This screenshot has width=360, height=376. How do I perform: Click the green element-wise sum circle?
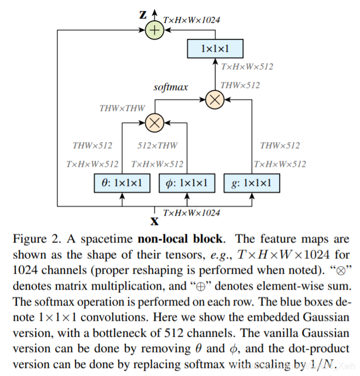(x=155, y=30)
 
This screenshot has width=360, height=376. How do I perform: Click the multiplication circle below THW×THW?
(x=155, y=123)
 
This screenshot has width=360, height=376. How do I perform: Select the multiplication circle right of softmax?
(x=214, y=99)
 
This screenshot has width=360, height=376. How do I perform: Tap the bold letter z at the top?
(x=143, y=15)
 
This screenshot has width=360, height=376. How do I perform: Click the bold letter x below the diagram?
(x=155, y=221)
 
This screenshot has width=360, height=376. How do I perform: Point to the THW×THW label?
(x=122, y=108)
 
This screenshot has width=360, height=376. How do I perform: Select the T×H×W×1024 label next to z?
(x=191, y=20)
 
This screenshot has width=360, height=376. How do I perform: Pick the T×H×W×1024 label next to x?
(x=191, y=212)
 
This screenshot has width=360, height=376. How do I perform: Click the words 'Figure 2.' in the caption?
(x=36, y=240)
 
